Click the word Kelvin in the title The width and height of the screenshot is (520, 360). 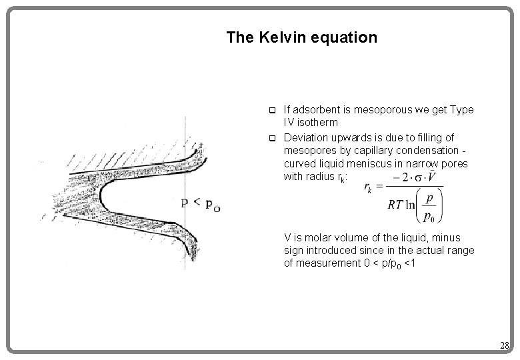coord(275,37)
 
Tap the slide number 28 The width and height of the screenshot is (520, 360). coord(505,345)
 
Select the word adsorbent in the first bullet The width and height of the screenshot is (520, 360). coord(314,110)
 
